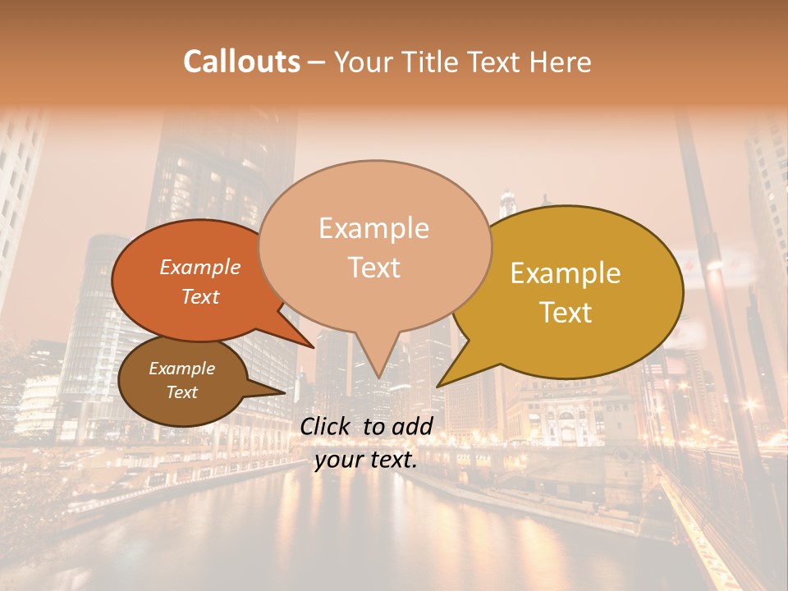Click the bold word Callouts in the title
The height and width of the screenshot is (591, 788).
tap(241, 62)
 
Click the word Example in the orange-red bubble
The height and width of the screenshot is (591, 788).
tap(200, 267)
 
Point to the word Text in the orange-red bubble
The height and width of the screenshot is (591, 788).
tap(200, 296)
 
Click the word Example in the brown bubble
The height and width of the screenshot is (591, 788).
tap(182, 369)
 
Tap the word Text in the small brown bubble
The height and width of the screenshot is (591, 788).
tap(182, 392)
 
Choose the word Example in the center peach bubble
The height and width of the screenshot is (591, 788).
tap(373, 228)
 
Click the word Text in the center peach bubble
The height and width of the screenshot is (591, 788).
tap(373, 268)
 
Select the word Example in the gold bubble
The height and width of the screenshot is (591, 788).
tap(566, 273)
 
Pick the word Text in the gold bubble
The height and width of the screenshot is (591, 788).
tap(566, 313)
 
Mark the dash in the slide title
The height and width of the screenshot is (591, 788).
tap(318, 62)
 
